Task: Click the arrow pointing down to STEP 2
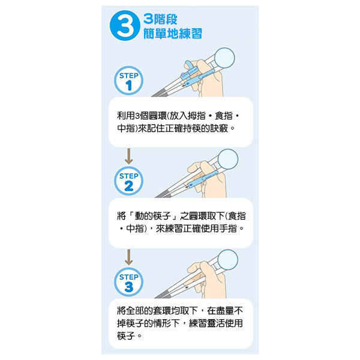point(128,158)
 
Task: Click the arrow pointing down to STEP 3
point(128,259)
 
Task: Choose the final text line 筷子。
point(130,337)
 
